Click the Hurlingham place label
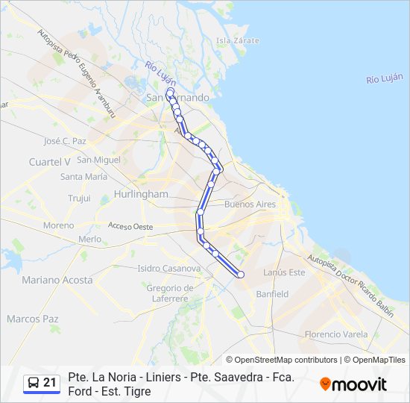click(x=142, y=194)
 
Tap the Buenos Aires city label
click(x=250, y=204)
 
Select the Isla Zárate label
click(x=237, y=40)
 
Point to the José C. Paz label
click(x=65, y=140)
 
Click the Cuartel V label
click(x=49, y=161)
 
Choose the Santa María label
click(x=83, y=177)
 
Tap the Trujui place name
click(x=79, y=199)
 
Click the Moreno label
click(x=58, y=225)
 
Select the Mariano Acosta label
click(x=57, y=280)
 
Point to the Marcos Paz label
click(x=32, y=319)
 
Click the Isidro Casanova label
click(x=169, y=269)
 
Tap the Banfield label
click(x=271, y=294)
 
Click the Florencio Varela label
click(x=336, y=334)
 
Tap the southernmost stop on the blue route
click(x=241, y=275)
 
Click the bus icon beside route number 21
click(x=34, y=384)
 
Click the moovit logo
click(x=353, y=384)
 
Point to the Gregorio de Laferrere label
click(x=170, y=293)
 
